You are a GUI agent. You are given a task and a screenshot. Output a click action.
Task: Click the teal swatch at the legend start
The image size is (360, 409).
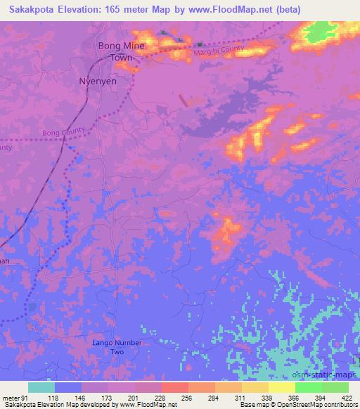(x=41, y=387)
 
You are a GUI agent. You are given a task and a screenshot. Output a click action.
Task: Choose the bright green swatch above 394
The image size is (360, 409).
(x=308, y=387)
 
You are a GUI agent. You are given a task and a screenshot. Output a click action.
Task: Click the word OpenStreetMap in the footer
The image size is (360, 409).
(x=304, y=405)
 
